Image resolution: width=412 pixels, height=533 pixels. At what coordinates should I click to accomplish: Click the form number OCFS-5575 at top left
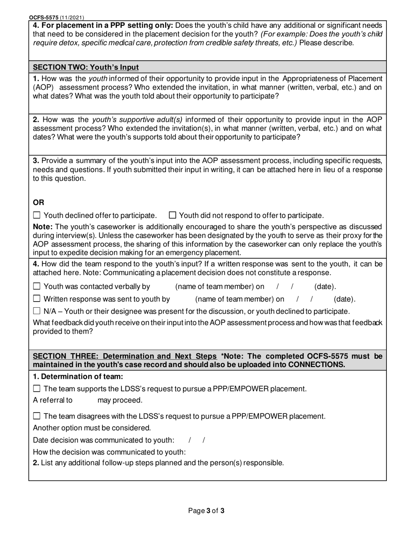tap(43, 18)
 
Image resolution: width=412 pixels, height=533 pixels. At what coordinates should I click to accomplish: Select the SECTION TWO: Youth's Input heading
tap(86, 67)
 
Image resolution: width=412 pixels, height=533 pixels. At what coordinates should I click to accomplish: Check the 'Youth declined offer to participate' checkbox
tap(37, 215)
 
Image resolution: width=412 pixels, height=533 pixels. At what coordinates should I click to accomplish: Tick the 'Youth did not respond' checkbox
tap(172, 215)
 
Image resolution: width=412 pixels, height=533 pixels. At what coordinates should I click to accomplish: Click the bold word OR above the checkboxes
tap(39, 202)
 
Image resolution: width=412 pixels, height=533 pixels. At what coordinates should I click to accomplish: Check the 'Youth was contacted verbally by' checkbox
tap(37, 286)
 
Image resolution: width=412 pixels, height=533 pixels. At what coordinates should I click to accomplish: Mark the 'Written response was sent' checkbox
tap(37, 299)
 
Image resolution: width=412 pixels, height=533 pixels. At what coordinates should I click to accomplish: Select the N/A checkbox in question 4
tap(37, 311)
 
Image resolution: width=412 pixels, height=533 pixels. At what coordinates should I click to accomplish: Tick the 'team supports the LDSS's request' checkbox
tap(37, 389)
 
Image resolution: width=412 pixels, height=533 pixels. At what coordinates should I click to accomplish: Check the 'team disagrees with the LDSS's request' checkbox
tap(37, 416)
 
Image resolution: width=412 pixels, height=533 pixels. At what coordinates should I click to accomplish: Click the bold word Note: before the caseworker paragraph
tap(43, 227)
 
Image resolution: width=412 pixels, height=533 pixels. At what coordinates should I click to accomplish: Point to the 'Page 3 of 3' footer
tap(206, 511)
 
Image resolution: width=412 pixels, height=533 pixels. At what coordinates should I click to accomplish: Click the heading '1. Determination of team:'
tap(78, 377)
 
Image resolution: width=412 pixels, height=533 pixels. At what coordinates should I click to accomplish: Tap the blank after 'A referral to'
tap(85, 400)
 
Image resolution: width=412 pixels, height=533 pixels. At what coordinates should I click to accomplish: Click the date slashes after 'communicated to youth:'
tap(197, 440)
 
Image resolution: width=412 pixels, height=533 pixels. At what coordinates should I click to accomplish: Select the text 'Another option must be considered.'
tap(92, 428)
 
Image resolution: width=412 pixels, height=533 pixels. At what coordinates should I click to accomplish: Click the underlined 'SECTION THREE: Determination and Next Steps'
tap(125, 356)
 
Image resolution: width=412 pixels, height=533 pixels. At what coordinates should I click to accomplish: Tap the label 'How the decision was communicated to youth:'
tap(109, 452)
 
